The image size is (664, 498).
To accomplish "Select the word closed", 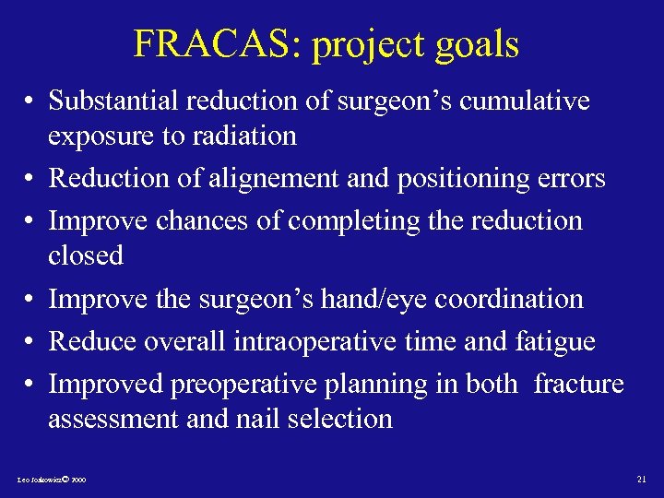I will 86,255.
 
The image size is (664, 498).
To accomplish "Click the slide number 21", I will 642,480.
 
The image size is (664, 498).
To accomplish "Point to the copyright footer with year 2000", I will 52,480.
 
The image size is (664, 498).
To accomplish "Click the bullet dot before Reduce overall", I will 30,342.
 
